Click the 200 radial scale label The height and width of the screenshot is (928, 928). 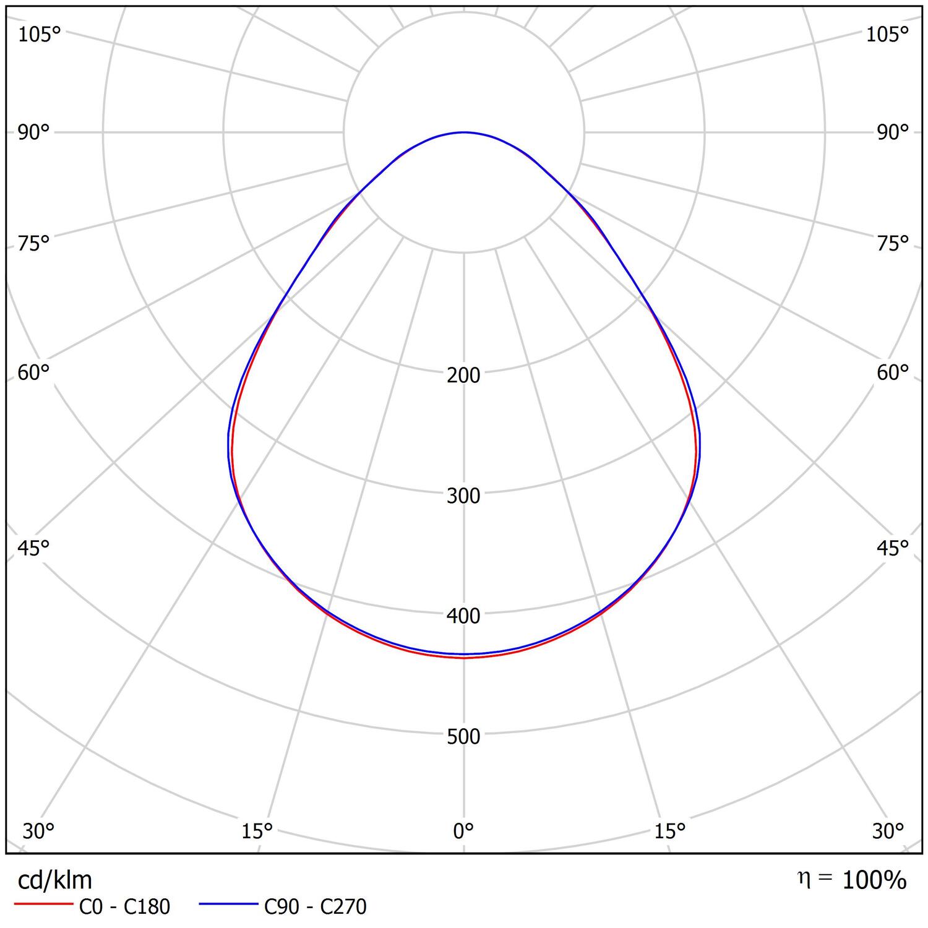coord(463,375)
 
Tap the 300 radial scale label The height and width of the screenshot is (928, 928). coord(463,496)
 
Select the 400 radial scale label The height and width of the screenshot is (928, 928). coord(463,616)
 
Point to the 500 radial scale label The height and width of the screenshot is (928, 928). coord(463,736)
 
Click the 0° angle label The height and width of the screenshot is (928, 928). coord(463,831)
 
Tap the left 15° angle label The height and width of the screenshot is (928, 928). coord(257,831)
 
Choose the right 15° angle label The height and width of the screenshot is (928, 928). coord(670,831)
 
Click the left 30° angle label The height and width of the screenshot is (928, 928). coord(38,831)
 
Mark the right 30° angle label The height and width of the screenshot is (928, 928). coord(888,831)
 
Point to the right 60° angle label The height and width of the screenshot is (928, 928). coord(893,372)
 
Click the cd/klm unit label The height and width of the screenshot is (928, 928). coord(55,879)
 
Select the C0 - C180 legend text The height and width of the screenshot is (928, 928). coord(124,906)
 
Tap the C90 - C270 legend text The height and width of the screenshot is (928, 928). coord(315,906)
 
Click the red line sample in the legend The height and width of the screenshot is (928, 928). coord(43,904)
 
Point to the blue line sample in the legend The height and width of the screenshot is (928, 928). coord(228,904)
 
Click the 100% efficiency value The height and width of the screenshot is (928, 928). coord(874,880)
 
